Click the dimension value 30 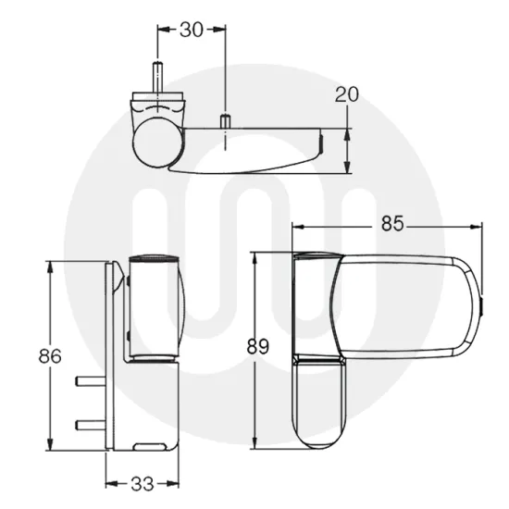pos(192,29)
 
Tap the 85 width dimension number pos(393,223)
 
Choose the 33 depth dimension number pos(141,482)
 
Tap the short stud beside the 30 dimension pos(224,120)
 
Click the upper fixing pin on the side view pos(91,379)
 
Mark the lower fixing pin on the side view pos(91,424)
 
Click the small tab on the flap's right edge pos(482,304)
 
